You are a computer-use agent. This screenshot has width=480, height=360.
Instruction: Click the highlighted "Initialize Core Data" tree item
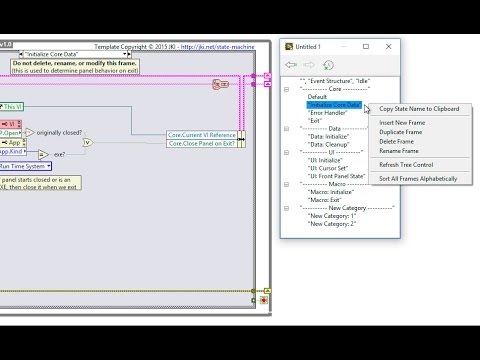pos(333,104)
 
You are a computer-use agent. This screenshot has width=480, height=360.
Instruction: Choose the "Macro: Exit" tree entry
pos(326,199)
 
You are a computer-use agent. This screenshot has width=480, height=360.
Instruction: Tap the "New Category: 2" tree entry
pos(334,222)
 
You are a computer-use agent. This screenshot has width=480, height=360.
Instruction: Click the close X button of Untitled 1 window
pos(390,46)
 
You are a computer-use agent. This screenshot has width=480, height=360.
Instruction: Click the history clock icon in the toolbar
pos(328,65)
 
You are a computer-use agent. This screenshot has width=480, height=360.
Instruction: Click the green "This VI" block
pos(13,107)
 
